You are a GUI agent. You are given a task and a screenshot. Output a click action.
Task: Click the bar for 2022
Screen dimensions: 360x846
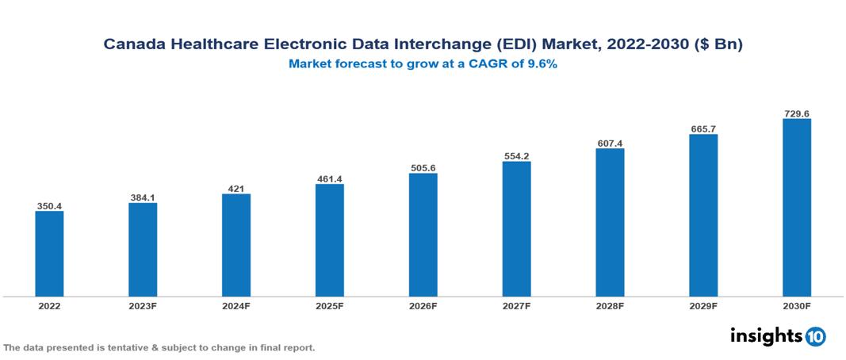tap(49, 254)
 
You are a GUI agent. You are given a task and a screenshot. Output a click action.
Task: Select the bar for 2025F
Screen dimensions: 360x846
tap(329, 240)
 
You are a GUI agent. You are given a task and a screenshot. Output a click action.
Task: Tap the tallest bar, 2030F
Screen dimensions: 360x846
tap(796, 208)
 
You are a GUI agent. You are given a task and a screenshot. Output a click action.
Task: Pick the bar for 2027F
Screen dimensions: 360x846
tap(516, 229)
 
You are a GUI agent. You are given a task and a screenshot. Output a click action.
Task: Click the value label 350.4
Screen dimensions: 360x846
tap(49, 206)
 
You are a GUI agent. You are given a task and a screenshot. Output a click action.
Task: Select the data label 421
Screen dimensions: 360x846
tap(236, 189)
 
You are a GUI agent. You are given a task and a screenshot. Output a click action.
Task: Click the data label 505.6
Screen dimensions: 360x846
tap(423, 168)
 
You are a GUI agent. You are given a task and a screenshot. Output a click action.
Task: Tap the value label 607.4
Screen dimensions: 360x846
tap(610, 144)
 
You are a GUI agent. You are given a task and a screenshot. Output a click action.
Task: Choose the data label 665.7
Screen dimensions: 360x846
tap(703, 129)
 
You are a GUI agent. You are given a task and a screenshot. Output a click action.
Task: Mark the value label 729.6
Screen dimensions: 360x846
tap(796, 113)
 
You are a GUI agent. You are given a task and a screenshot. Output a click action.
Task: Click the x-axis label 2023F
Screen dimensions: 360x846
tap(143, 305)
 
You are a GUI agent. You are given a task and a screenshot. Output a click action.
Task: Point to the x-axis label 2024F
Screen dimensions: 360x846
tap(236, 305)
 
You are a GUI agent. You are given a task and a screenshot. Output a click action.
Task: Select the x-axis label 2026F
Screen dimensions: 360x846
tap(423, 305)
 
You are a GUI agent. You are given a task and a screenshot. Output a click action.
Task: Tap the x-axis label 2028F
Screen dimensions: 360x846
tap(610, 305)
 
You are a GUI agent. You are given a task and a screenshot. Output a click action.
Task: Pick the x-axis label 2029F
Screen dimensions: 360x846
tap(703, 305)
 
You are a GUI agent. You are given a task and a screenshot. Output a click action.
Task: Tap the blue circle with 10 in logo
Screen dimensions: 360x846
tap(815, 336)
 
